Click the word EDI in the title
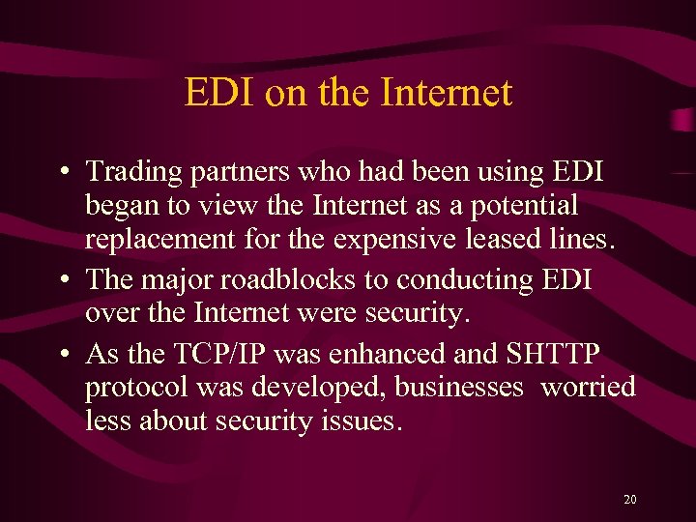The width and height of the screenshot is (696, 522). click(213, 93)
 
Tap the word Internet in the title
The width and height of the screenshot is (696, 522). click(447, 93)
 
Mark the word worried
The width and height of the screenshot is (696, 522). click(588, 388)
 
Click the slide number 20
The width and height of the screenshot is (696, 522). click(630, 500)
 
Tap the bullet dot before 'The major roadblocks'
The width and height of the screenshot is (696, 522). click(62, 280)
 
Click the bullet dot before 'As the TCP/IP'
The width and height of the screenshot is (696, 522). click(62, 355)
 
